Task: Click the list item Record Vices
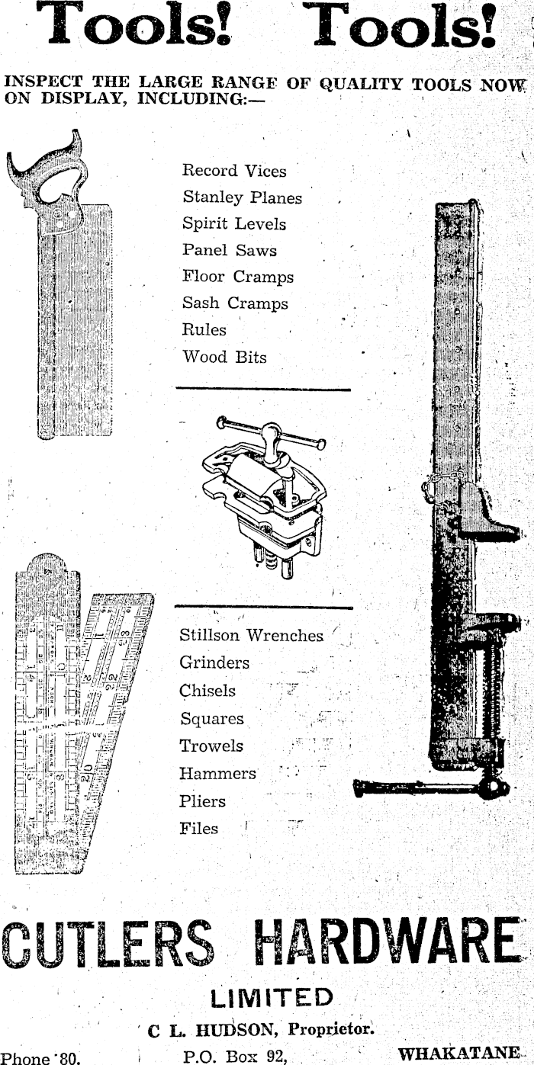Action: tap(233, 171)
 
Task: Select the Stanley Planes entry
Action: tap(242, 197)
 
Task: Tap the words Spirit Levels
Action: tap(233, 224)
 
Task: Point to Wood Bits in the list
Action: tap(224, 356)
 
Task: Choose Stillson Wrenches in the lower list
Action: tap(251, 635)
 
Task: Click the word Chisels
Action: tap(207, 691)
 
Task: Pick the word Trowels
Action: tap(211, 746)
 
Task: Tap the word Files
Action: tap(198, 828)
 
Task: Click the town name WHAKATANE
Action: tap(458, 1054)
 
